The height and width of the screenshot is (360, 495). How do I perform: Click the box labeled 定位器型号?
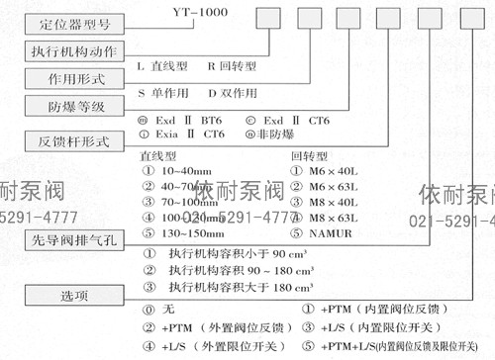(63, 20)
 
